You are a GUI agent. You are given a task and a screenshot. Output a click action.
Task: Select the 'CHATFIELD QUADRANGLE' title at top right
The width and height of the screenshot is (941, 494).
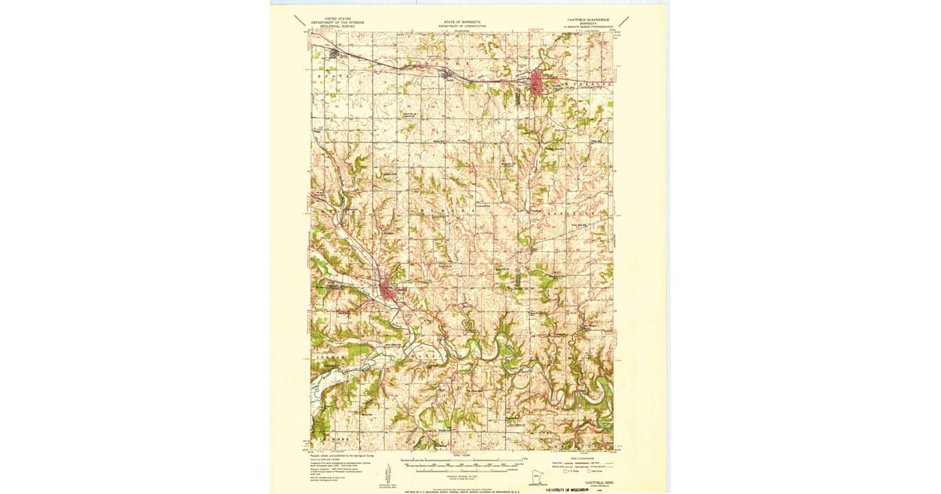[x=584, y=18]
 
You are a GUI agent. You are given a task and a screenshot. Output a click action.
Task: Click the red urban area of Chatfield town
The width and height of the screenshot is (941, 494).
[x=387, y=290]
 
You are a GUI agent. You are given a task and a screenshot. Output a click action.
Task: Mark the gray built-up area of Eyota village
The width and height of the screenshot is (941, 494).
[x=337, y=54]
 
